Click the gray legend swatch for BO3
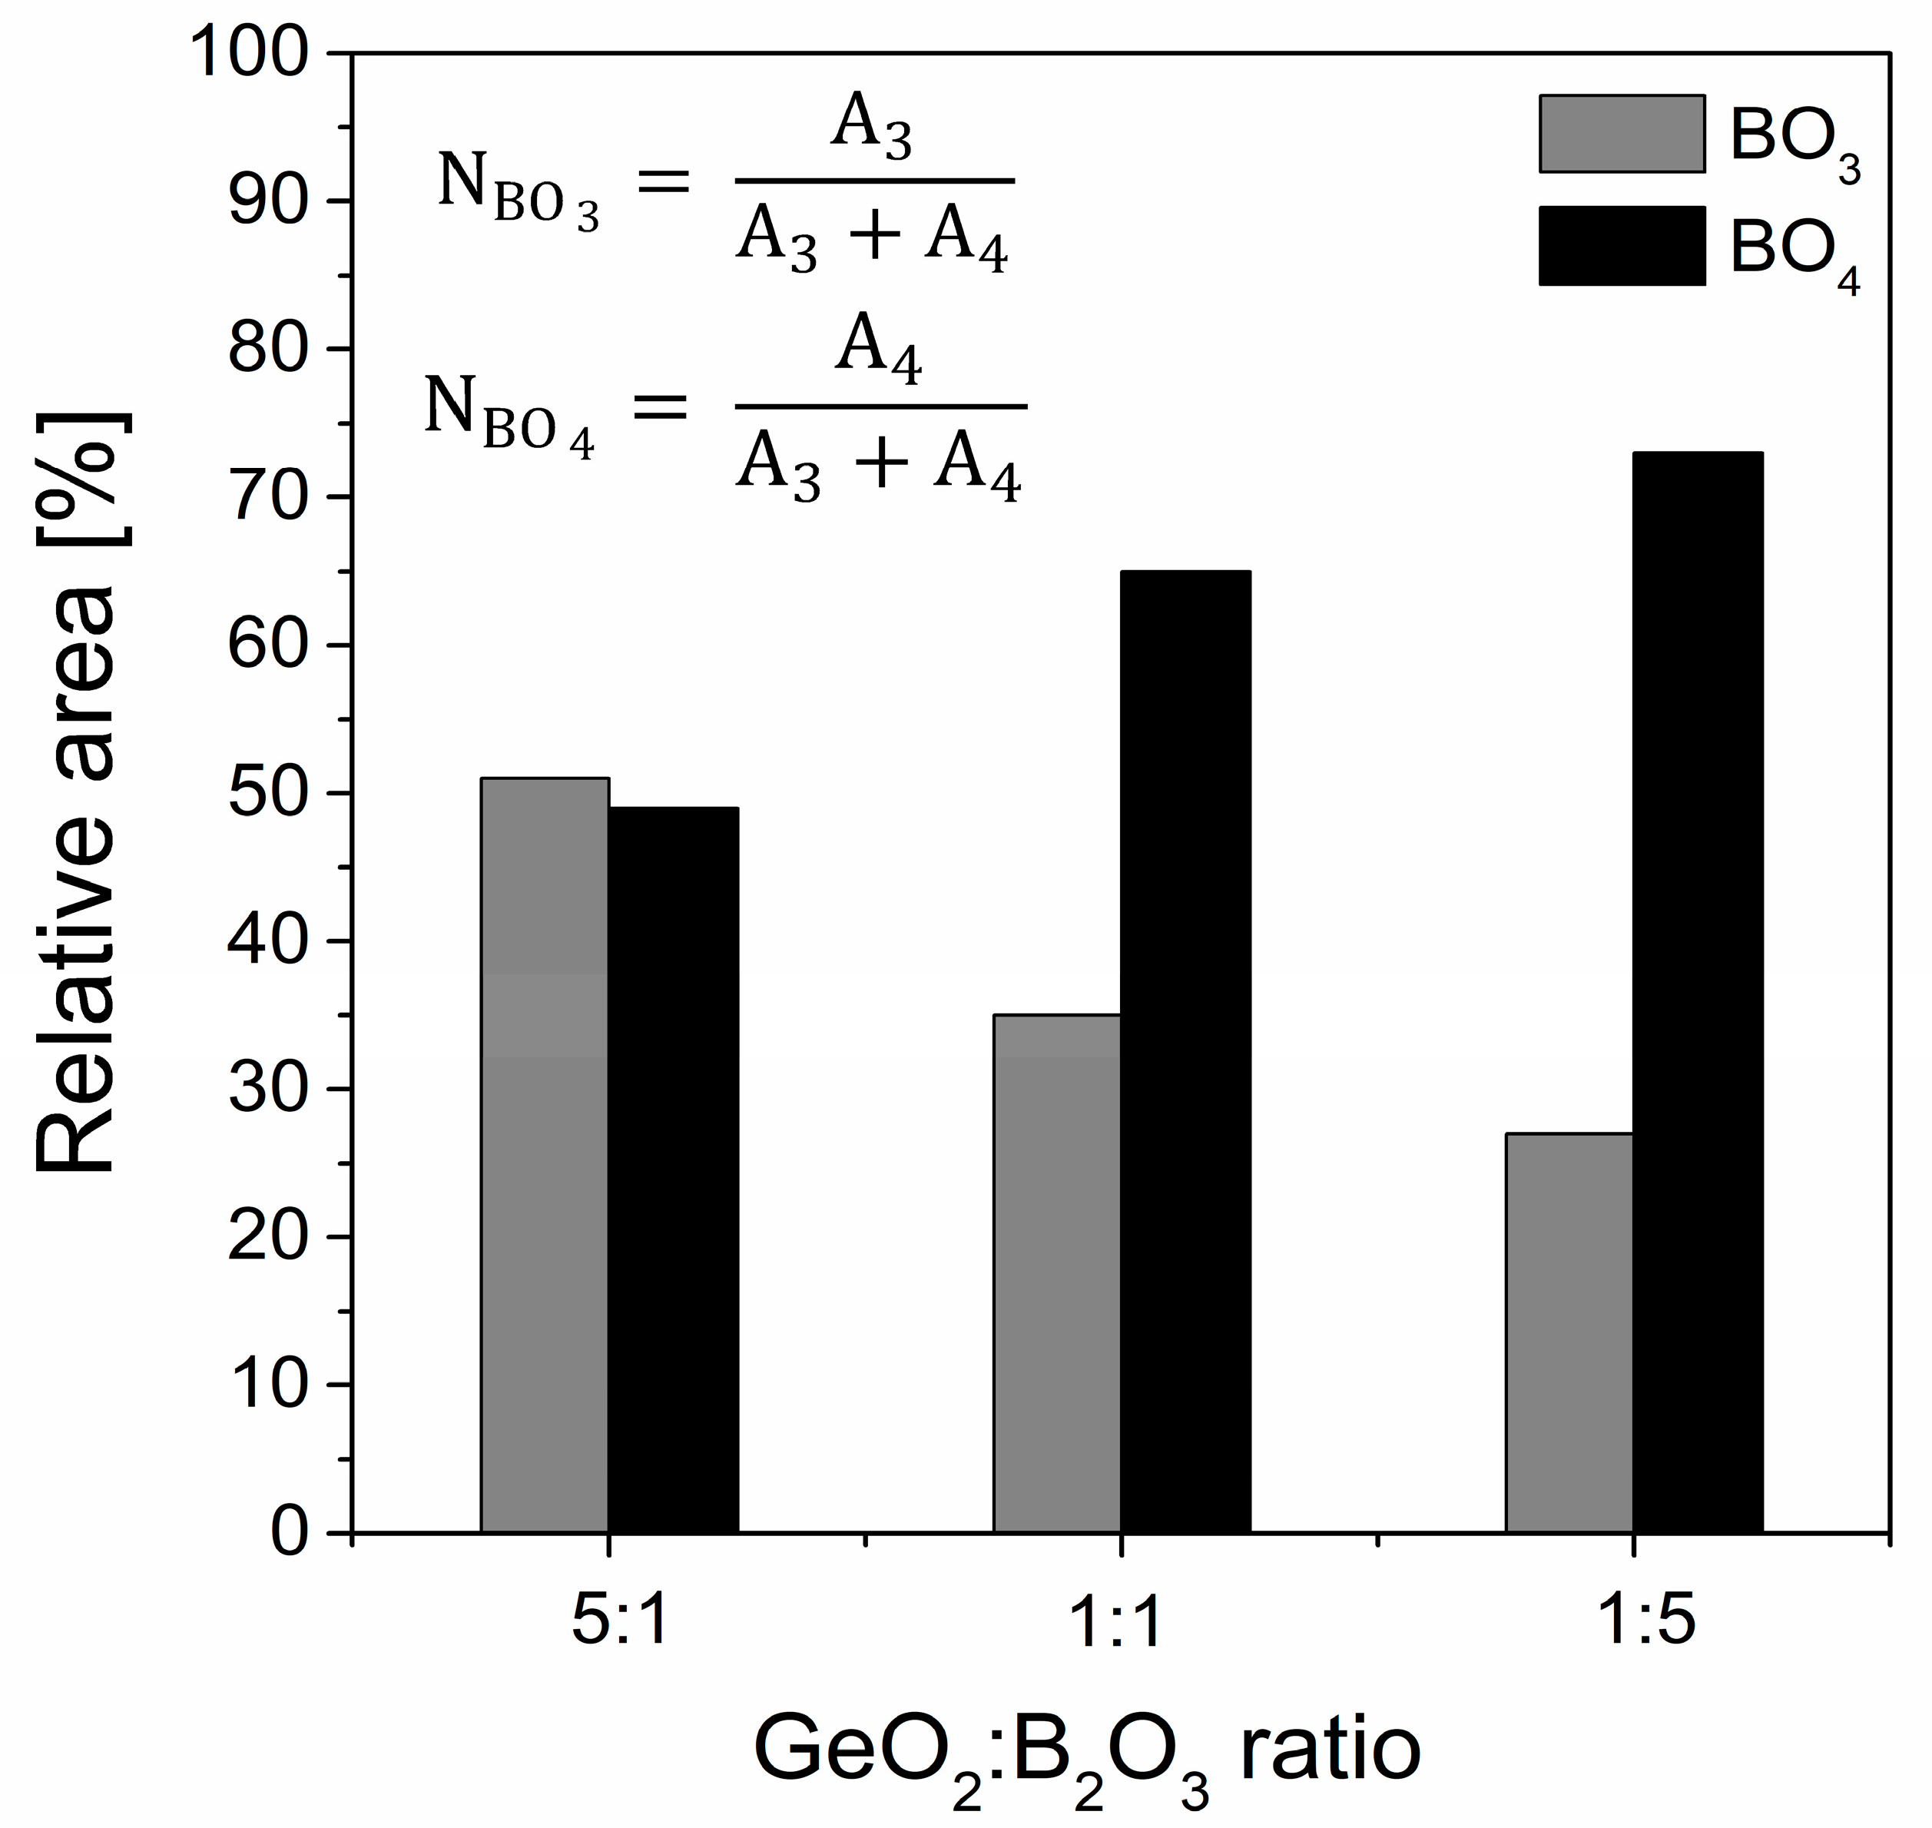[x=1622, y=134]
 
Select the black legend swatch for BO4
[x=1622, y=246]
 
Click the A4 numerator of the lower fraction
[x=878, y=353]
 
